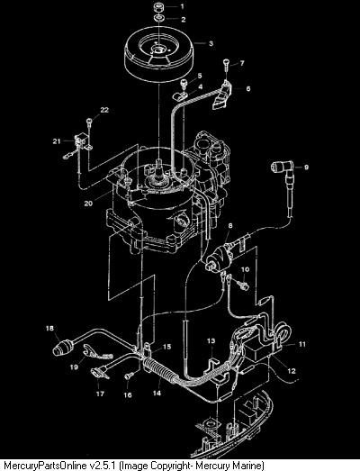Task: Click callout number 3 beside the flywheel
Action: (x=211, y=43)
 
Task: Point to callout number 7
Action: (x=242, y=63)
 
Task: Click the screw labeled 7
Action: (x=227, y=65)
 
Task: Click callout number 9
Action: (x=306, y=167)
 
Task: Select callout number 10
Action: (x=246, y=269)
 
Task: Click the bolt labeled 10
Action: (x=243, y=285)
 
